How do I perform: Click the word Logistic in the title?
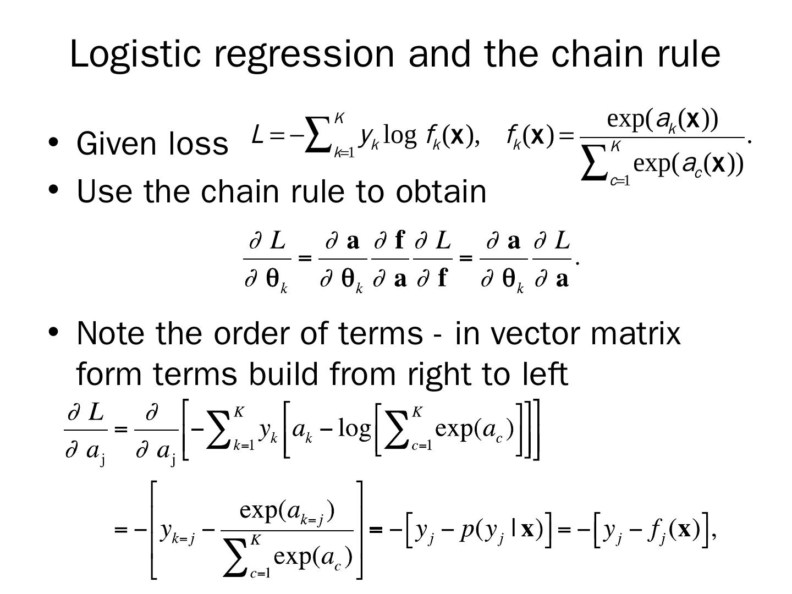coord(135,54)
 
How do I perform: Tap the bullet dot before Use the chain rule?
coord(53,190)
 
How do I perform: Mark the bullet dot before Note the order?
coord(53,332)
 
